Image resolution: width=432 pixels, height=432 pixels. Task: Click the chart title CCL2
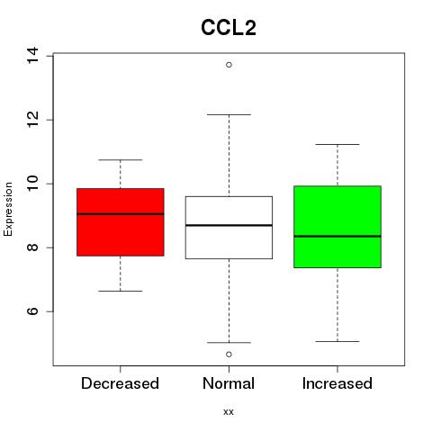click(x=229, y=28)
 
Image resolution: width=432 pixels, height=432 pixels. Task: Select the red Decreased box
click(x=121, y=222)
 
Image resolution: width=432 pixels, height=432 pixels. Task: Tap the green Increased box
click(x=337, y=227)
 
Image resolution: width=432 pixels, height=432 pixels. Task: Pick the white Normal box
click(x=229, y=228)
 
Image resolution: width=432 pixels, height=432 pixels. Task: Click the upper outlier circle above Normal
click(x=229, y=65)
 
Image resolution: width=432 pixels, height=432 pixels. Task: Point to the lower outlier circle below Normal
click(x=229, y=355)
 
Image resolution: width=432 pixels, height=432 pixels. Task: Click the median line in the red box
click(x=121, y=214)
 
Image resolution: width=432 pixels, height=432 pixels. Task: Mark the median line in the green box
click(x=337, y=237)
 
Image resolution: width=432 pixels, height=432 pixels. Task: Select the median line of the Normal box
click(x=229, y=225)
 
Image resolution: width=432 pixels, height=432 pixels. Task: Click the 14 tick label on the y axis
click(x=32, y=56)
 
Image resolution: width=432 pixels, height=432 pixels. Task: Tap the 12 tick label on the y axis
click(x=32, y=120)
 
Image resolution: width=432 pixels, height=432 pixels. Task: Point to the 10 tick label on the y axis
click(x=32, y=184)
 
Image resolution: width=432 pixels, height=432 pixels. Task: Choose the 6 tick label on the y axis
click(x=32, y=311)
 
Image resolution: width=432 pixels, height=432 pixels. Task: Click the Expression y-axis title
click(x=8, y=210)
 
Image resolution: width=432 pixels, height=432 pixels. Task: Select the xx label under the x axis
click(x=229, y=412)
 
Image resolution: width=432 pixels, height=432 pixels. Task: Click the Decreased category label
click(x=120, y=383)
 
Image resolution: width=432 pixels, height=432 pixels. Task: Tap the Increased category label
click(x=337, y=383)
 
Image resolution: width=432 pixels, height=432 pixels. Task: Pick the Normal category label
click(x=229, y=383)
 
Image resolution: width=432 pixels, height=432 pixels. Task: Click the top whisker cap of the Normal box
click(x=229, y=114)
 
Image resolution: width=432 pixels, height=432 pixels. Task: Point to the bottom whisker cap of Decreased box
click(x=121, y=291)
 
